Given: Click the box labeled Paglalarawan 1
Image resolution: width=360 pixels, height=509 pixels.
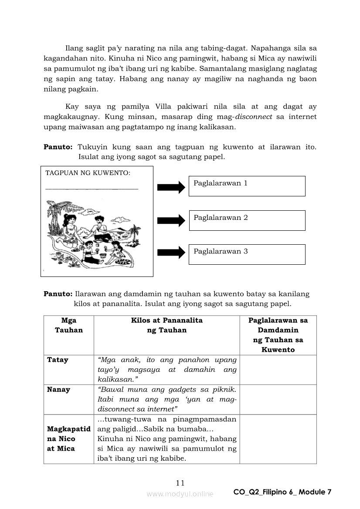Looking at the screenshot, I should pos(247,186).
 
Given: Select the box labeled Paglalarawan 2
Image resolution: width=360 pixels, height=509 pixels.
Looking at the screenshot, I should pos(247,220).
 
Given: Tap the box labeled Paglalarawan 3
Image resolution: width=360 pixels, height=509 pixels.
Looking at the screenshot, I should pos(247,254).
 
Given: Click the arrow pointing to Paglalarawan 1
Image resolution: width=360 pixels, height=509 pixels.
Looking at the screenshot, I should pos(171,187).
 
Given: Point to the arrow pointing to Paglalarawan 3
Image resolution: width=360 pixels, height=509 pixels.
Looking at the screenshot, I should pos(171,253).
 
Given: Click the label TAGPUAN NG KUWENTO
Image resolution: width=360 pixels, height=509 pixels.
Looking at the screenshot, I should pos(88,173).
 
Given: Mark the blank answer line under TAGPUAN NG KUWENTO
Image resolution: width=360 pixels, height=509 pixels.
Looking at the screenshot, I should pos(92,189).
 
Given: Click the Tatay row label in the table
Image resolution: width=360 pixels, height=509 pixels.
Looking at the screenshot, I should pos(58,360).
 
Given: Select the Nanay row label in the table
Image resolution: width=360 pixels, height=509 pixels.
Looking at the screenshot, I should pos(58,390).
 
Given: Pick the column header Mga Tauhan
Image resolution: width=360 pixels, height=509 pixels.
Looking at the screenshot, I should pos(69,325).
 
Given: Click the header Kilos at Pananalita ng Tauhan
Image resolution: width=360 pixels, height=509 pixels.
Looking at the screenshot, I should pos(166,325).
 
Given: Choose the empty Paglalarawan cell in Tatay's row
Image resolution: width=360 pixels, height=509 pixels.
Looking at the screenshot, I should pos(278,370).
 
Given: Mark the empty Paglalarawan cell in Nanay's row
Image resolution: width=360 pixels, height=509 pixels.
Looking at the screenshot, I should pos(278,399).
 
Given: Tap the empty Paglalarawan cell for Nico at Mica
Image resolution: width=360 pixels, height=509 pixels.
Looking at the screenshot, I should pos(278,439).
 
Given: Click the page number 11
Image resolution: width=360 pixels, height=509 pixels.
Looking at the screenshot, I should pos(180,482).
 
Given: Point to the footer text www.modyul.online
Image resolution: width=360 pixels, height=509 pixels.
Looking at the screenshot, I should pos(180,494).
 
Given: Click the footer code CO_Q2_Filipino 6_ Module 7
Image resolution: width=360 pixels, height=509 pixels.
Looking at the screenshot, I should pos(282,492).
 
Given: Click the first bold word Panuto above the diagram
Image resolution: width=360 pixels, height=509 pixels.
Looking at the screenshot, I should pos(58,147).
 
